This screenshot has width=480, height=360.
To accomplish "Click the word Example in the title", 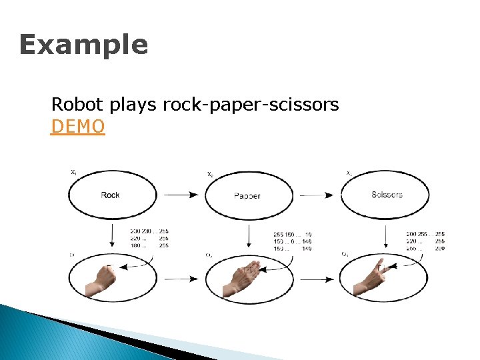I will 83,45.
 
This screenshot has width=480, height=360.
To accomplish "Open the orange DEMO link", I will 77,126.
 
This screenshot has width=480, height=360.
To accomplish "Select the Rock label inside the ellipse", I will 110,195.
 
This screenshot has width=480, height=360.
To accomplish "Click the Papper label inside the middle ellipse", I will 247,196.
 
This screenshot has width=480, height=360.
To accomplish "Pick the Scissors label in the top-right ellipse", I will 387,195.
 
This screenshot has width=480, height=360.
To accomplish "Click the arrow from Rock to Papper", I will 181,195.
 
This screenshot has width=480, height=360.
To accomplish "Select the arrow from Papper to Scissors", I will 317,195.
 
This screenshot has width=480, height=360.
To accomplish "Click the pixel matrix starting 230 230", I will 149,238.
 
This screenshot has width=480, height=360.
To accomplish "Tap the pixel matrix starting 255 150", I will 292,241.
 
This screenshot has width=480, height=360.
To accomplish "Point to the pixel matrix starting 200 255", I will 425,241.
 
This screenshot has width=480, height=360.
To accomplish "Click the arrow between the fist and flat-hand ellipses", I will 181,278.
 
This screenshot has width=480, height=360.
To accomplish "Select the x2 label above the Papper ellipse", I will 210,175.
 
